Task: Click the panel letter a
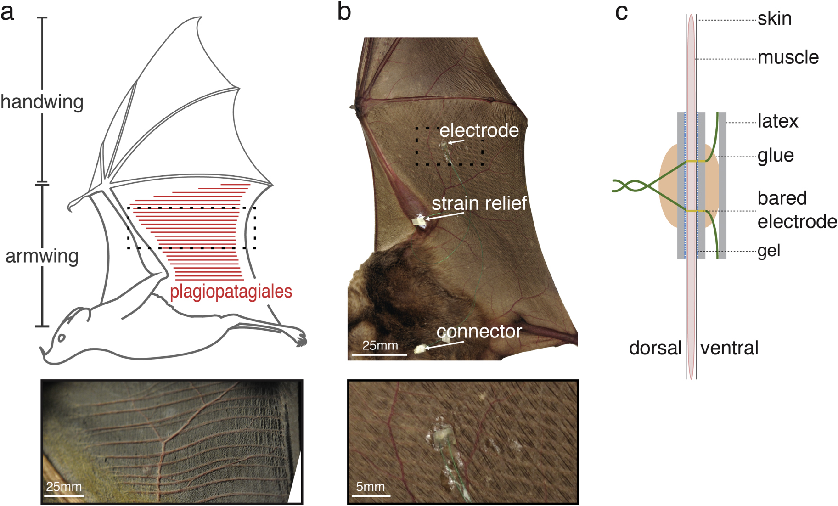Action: pos(7,12)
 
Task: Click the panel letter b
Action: pos(344,12)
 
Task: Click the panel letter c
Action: pos(621,12)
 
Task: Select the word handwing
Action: pos(42,102)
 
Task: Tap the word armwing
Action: pos(42,256)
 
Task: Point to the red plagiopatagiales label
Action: pos(231,292)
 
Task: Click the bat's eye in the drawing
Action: pos(62,338)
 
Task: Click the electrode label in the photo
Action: pos(479,131)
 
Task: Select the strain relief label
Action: pos(479,203)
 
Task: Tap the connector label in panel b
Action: pos(479,332)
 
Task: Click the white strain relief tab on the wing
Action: pos(419,221)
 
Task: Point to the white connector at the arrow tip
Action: pos(419,349)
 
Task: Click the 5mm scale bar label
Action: pos(371,487)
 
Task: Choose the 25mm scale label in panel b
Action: pos(380,345)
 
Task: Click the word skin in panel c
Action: pos(775,19)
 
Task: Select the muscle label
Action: pos(788,58)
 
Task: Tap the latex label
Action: pos(778,122)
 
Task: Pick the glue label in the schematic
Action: pos(776,156)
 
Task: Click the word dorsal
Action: pos(655,349)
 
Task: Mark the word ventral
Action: pos(729,349)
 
